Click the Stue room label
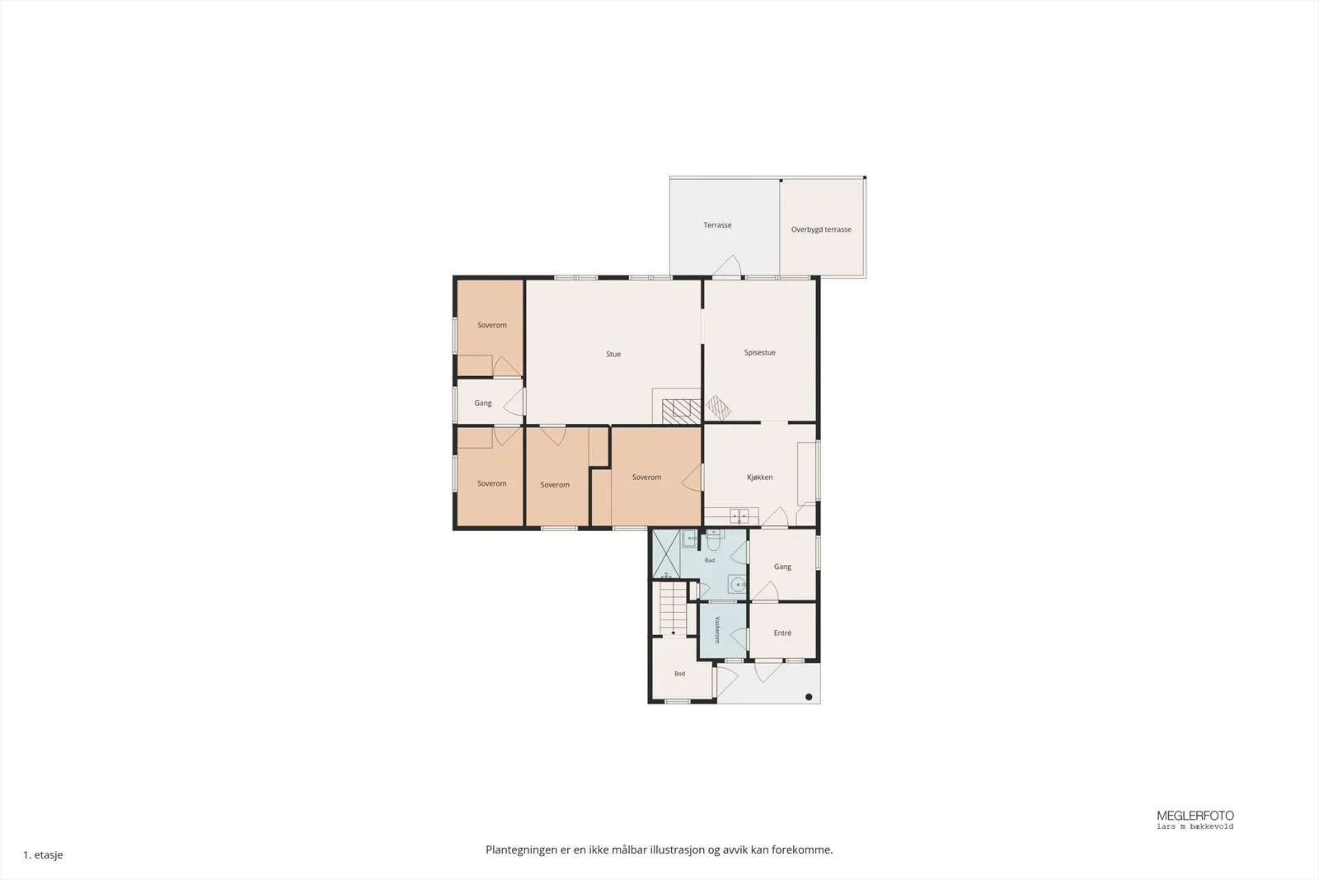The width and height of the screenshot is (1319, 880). (x=613, y=354)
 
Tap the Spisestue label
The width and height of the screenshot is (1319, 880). (x=759, y=353)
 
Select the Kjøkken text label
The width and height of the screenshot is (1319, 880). (x=759, y=477)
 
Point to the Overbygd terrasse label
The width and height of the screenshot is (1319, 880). (x=821, y=230)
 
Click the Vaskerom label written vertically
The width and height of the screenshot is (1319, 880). (x=717, y=629)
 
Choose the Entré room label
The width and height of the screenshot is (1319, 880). (x=782, y=633)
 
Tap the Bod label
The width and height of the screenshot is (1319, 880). (x=679, y=674)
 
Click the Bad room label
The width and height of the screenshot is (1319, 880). (x=710, y=561)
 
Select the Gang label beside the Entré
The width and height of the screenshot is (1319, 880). (x=782, y=567)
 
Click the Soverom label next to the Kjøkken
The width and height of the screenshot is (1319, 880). (x=646, y=477)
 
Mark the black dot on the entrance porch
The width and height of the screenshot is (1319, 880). (x=809, y=697)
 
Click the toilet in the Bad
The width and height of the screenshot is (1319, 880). (x=713, y=539)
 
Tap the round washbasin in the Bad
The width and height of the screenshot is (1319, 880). (x=736, y=584)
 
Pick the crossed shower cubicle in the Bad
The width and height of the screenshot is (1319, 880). (x=666, y=554)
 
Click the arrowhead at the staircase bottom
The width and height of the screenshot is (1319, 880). (x=673, y=633)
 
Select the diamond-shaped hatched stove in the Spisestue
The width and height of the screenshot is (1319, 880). (x=718, y=407)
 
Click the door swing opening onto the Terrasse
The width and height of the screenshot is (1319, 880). (x=727, y=266)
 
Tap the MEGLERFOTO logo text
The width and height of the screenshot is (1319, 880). (x=1195, y=816)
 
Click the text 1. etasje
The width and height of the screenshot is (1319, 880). (x=43, y=854)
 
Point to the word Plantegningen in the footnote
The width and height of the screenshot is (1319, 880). (x=521, y=850)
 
